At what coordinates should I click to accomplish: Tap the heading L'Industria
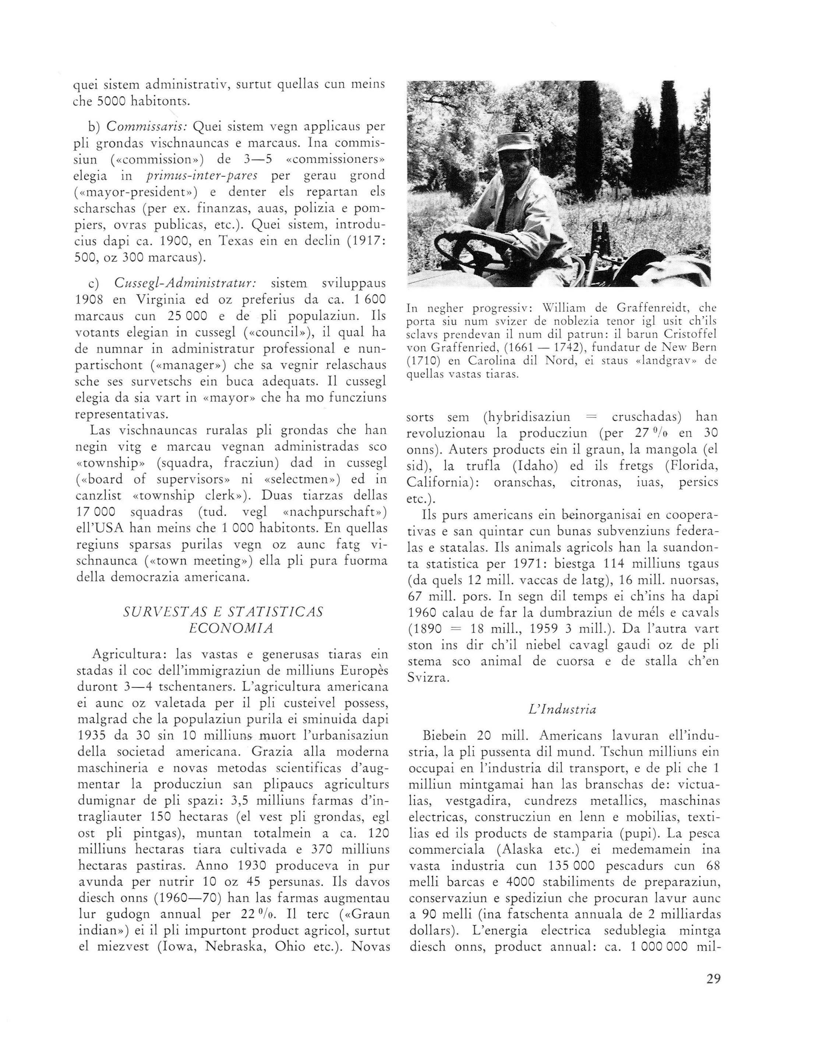[563, 709]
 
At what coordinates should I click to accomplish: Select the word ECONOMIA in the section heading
[231, 628]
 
